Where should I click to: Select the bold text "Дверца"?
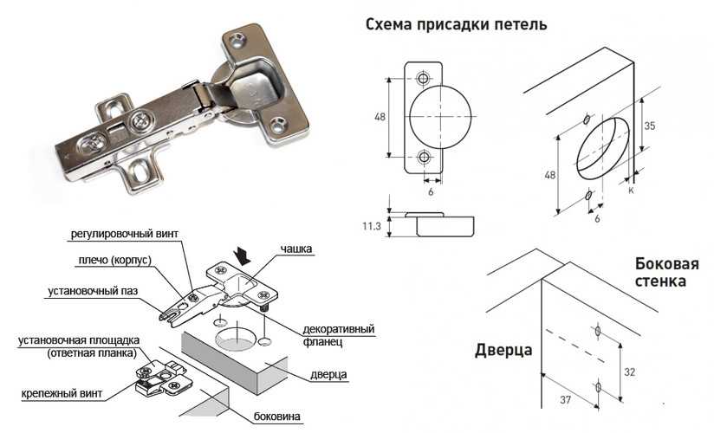coord(503,350)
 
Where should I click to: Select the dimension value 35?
coord(648,125)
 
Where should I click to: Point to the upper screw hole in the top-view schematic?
coord(423,79)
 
